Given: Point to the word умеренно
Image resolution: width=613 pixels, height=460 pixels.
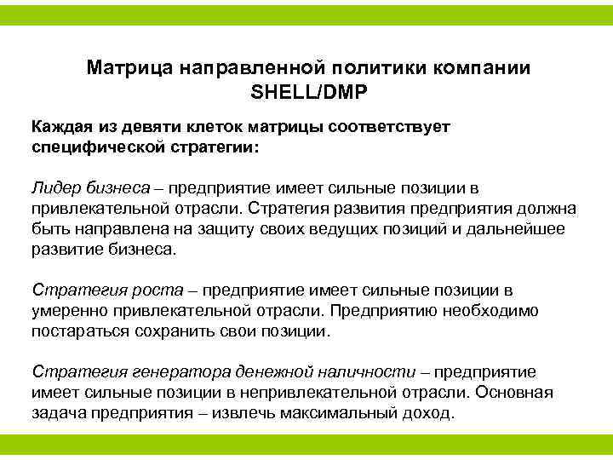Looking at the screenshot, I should [66, 311].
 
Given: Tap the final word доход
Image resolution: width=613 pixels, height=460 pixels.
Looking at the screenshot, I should [431, 413].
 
